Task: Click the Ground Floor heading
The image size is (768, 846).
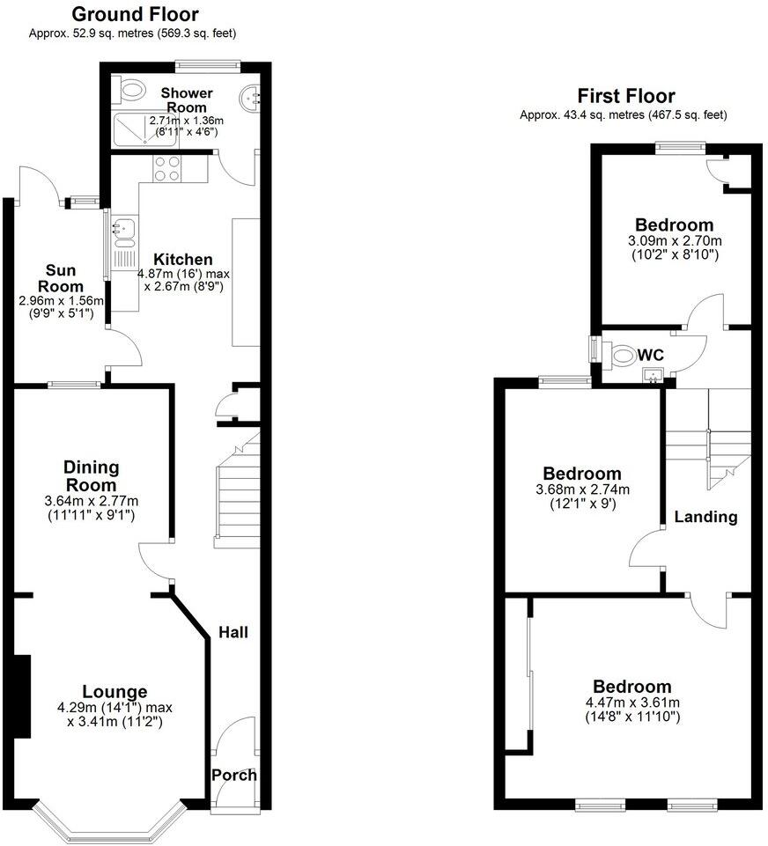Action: (x=134, y=14)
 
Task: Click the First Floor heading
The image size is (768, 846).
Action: (x=626, y=96)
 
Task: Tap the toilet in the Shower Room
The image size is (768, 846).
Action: (x=131, y=88)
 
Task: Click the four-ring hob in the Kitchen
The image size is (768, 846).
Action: (x=167, y=168)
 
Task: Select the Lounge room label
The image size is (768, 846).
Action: (x=114, y=691)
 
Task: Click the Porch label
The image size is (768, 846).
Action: (x=234, y=775)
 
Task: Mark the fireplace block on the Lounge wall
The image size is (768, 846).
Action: (x=22, y=696)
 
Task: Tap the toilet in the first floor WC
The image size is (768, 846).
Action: (x=622, y=356)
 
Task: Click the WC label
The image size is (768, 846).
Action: (x=651, y=354)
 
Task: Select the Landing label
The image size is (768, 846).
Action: (x=705, y=517)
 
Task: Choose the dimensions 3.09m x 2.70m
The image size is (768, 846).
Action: (x=675, y=241)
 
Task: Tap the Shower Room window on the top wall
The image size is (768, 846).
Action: (x=208, y=63)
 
